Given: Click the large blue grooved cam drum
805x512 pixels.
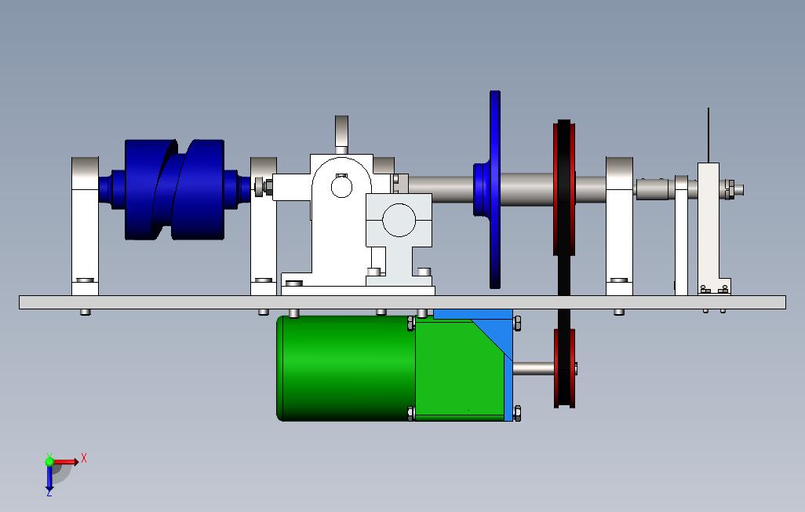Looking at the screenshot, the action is [x=174, y=189].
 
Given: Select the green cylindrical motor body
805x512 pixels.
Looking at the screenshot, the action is [x=345, y=368].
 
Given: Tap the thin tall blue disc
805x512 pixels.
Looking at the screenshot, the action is [x=495, y=189].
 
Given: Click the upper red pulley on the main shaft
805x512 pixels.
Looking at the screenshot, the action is [x=564, y=188].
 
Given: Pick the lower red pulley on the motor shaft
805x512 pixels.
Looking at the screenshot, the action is [x=564, y=368].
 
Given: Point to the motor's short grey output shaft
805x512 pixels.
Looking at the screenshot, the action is [x=534, y=368].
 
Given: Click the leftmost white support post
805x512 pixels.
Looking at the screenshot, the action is [x=85, y=226].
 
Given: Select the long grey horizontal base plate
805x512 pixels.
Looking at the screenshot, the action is [x=402, y=302].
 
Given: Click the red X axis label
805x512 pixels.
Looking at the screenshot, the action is [x=84, y=458].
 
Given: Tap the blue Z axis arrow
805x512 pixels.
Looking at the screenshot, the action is [x=49, y=478].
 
